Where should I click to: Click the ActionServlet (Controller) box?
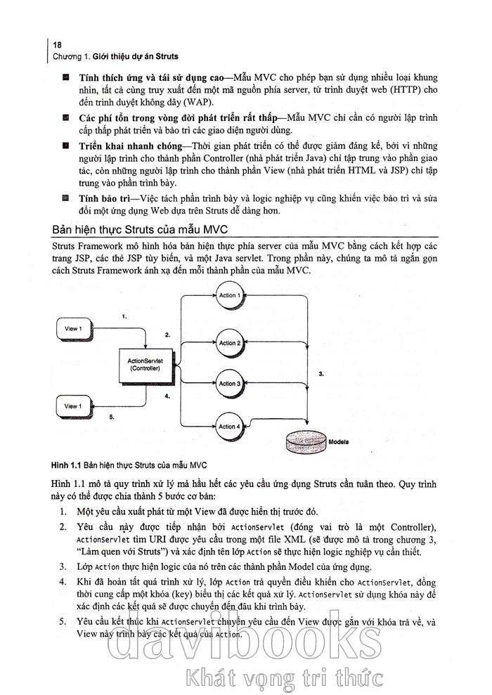click(x=145, y=364)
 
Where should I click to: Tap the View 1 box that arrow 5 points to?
click(x=72, y=406)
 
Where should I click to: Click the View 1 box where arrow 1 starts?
click(x=72, y=329)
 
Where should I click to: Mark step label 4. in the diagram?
click(x=167, y=396)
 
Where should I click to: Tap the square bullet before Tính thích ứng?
click(x=65, y=76)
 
